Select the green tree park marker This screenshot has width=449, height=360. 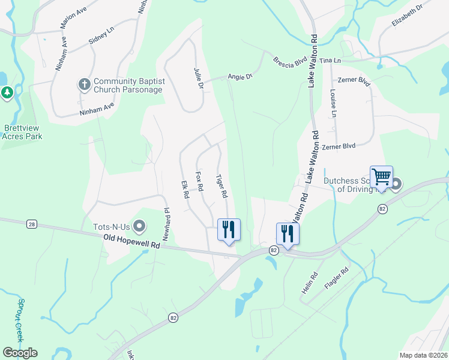coord(7,92)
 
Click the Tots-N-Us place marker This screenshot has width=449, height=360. coord(140,226)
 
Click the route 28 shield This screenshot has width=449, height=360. coord(32,224)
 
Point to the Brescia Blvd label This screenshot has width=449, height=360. coord(290,62)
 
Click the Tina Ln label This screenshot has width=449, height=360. coord(330,61)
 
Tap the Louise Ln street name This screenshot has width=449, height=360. coord(333,103)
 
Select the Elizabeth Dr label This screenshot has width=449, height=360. coord(407,14)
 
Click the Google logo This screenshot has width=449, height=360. coord(20,352)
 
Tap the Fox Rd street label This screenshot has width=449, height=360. coord(199,182)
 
